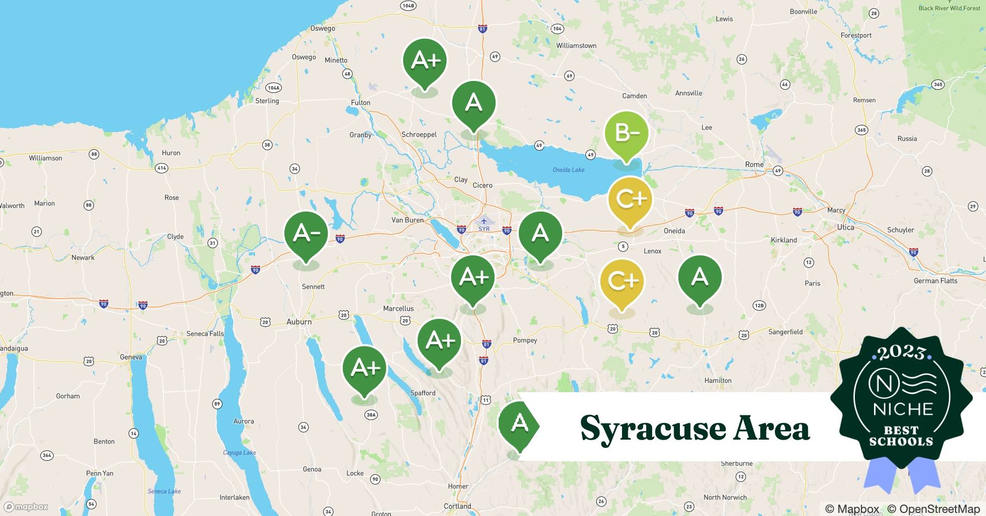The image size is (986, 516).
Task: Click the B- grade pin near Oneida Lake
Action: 626,133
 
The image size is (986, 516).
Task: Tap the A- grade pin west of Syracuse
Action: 306,234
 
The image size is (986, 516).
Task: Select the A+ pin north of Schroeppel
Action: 424,61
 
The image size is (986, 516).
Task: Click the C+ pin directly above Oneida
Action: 629,199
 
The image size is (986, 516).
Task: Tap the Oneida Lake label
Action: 568,170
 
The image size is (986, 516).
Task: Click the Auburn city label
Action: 299,321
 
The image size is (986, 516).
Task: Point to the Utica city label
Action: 846,228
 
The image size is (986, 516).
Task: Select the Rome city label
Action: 754,165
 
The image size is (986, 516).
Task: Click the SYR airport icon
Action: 484,221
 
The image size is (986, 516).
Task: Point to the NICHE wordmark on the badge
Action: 903,409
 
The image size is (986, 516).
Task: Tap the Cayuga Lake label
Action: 240,453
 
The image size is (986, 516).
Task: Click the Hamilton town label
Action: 718,380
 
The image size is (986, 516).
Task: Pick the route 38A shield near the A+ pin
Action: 371,414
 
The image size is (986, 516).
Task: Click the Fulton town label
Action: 360,103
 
